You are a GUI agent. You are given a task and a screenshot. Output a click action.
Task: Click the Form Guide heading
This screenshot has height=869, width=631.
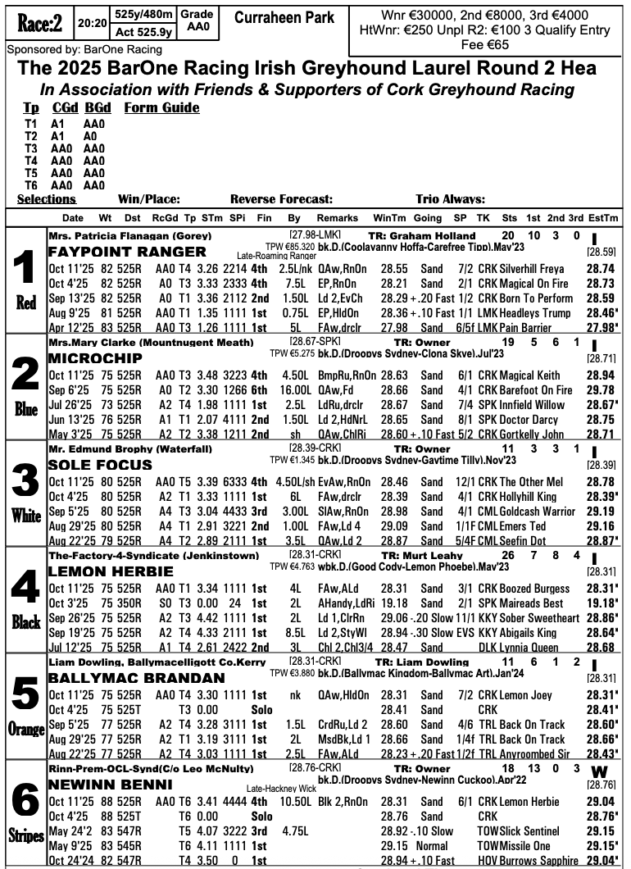point(161,107)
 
